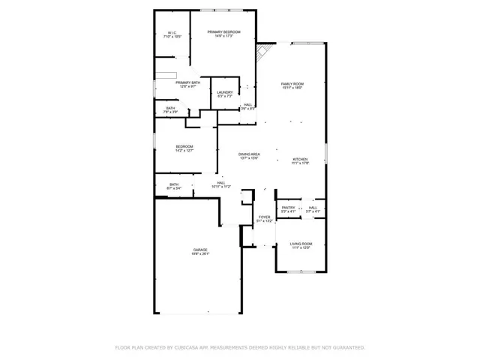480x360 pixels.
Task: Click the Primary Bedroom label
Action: pos(227,31)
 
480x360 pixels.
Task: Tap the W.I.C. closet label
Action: pos(172,33)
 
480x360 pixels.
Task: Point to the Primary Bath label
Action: pos(187,82)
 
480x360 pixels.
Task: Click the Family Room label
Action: pos(292,84)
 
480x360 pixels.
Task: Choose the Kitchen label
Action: pos(300,160)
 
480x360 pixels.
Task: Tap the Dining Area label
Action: pos(249,154)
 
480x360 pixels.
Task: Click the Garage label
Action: pos(200,250)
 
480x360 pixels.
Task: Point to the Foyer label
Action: pos(264,217)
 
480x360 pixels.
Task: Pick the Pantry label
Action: pos(288,208)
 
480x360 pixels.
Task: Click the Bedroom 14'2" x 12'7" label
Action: pos(184,146)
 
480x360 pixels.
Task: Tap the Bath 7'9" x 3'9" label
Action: pos(171,108)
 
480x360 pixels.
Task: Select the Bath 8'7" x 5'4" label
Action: pos(174,184)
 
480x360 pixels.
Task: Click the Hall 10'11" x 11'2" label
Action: pos(221,182)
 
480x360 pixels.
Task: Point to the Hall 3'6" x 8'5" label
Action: pos(247,105)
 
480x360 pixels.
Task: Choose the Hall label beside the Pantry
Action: pos(313,208)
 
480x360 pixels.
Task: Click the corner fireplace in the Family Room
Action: pos(262,52)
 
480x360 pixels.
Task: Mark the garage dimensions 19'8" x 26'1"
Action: pos(200,254)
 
